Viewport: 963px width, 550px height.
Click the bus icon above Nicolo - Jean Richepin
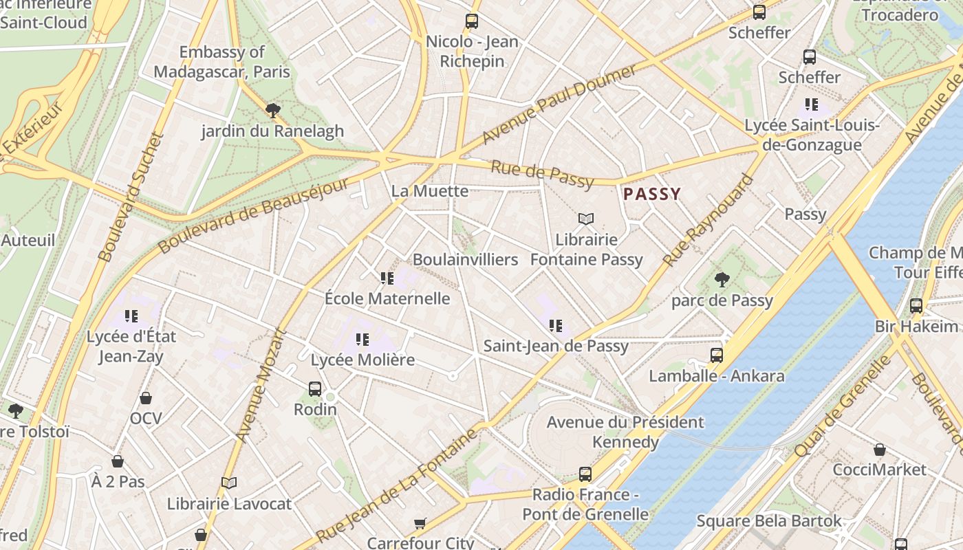(x=471, y=21)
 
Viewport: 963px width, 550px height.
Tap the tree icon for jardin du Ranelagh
(x=273, y=110)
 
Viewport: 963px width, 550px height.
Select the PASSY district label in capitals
(x=651, y=195)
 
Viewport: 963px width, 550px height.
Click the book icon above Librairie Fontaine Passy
(x=586, y=219)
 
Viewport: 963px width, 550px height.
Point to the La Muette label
(x=429, y=191)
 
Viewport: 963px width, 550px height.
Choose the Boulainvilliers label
(x=465, y=259)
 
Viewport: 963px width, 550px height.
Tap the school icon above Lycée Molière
(x=363, y=339)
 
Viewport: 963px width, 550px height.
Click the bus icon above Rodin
(x=315, y=389)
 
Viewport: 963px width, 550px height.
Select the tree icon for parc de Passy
(x=722, y=279)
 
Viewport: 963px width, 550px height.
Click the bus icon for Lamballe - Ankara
(x=717, y=355)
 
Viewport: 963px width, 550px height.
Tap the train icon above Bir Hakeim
(x=916, y=306)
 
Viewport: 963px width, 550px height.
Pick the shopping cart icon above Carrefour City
(x=420, y=523)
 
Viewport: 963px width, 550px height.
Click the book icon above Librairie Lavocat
(x=229, y=483)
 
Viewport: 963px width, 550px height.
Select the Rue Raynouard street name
(x=708, y=221)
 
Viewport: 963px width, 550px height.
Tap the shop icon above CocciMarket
(x=879, y=450)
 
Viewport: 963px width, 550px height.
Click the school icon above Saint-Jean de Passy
(x=555, y=325)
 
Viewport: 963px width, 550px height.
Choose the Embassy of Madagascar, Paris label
(x=221, y=62)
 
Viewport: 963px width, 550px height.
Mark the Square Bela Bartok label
(x=768, y=521)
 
